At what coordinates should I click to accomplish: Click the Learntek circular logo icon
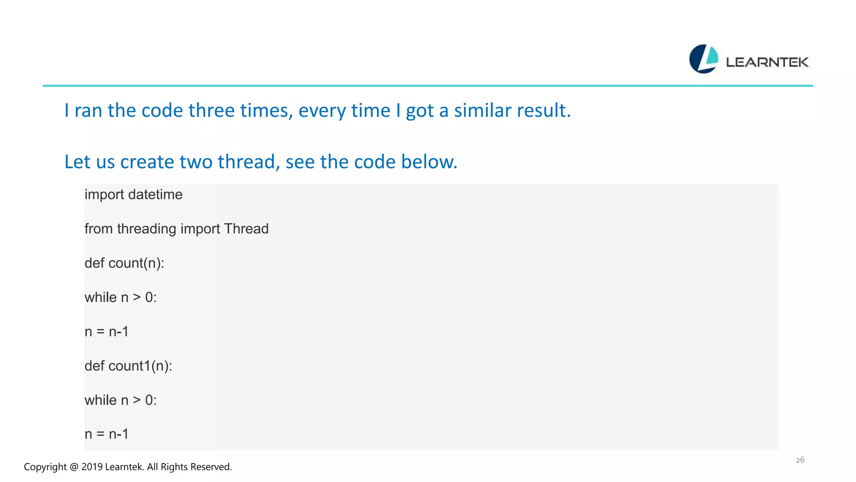pos(703,59)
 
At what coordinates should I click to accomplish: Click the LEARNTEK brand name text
pos(767,62)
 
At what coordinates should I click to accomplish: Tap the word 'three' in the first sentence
pos(211,111)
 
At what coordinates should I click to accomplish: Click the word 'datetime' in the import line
pos(155,195)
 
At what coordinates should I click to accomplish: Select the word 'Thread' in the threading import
pos(246,229)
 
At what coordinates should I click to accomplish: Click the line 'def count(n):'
pos(125,263)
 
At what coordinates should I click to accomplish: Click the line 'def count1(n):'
pos(128,366)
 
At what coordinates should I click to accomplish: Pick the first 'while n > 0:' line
pos(120,297)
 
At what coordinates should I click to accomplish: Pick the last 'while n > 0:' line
pos(120,400)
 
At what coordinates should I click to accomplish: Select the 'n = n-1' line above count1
pos(107,332)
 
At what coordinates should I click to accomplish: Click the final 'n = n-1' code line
pos(107,434)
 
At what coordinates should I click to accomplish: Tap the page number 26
pos(800,460)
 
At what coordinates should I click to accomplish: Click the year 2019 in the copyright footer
pos(92,467)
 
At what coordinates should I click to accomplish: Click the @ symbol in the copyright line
pos(74,467)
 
